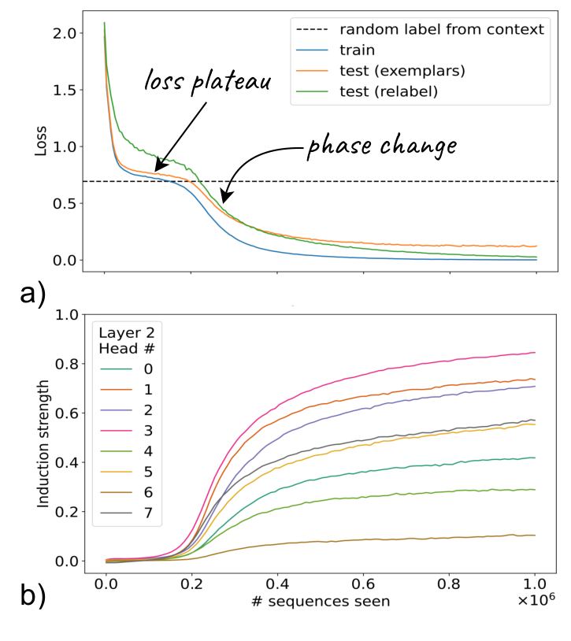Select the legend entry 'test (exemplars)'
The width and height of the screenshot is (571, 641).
tap(402, 70)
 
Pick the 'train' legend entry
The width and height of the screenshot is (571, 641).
tap(357, 50)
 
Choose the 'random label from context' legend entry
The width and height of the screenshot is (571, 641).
tap(441, 30)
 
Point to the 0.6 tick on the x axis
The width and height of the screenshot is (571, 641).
tap(363, 587)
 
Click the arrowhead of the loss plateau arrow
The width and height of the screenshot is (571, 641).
tap(155, 168)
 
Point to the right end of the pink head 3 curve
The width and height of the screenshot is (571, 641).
tap(535, 352)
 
